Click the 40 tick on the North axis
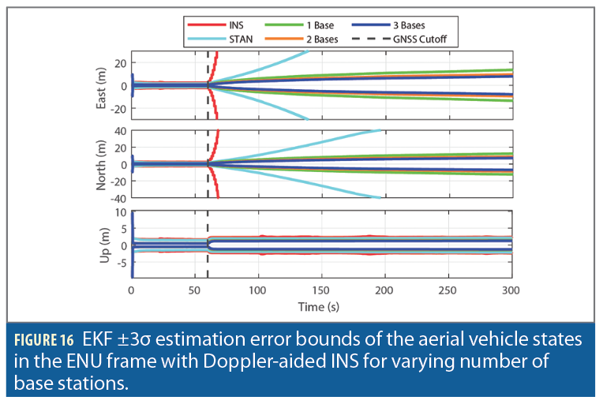click(x=121, y=131)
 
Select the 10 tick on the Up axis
click(x=121, y=211)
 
